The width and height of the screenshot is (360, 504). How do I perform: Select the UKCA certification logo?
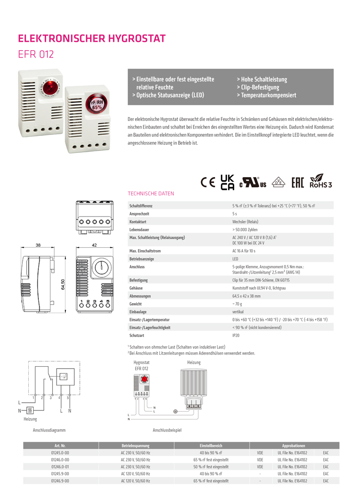(227, 182)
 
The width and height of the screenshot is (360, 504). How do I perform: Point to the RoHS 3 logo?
(321, 181)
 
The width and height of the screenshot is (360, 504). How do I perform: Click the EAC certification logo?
(298, 182)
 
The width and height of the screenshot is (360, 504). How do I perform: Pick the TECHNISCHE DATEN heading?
(151, 194)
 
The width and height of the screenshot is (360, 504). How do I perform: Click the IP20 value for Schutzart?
(236, 336)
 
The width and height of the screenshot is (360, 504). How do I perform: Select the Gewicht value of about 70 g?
(237, 304)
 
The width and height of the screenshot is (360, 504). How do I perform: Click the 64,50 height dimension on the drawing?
(62, 284)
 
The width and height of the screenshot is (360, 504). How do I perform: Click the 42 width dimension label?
(94, 245)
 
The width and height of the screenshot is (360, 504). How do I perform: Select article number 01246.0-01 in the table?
(60, 466)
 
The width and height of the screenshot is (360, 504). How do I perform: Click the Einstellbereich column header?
(211, 445)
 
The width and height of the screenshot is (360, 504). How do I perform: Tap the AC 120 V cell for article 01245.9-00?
(135, 473)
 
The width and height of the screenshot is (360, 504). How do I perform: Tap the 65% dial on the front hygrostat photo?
(97, 106)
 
